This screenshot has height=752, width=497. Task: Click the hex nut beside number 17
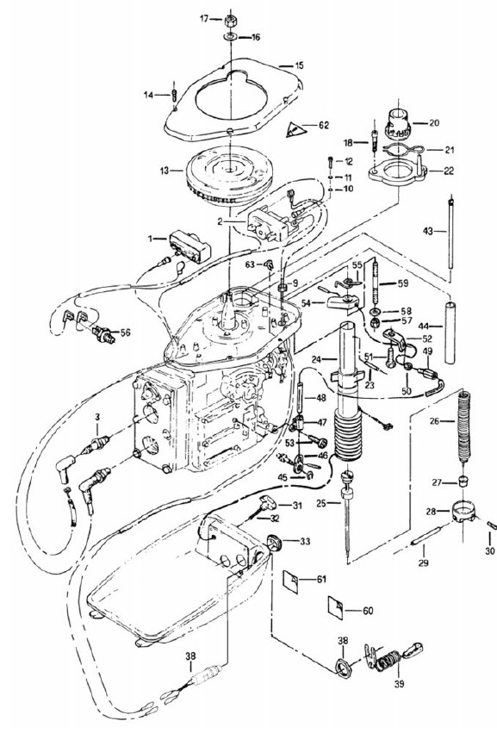(230, 21)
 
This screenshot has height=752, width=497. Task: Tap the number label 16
(255, 37)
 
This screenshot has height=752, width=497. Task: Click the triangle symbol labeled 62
(296, 129)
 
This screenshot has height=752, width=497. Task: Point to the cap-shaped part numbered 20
(398, 123)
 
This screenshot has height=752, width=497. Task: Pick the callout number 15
(299, 65)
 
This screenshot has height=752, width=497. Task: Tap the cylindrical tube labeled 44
(450, 332)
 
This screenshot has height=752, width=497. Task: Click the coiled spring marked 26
(463, 426)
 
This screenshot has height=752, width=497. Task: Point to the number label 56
(125, 332)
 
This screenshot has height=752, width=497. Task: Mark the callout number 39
(399, 684)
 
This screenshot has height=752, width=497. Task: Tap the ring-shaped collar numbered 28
(463, 512)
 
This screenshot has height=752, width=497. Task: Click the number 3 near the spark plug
(97, 418)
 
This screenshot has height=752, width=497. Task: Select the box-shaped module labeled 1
(190, 246)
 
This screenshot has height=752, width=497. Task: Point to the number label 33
(305, 542)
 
